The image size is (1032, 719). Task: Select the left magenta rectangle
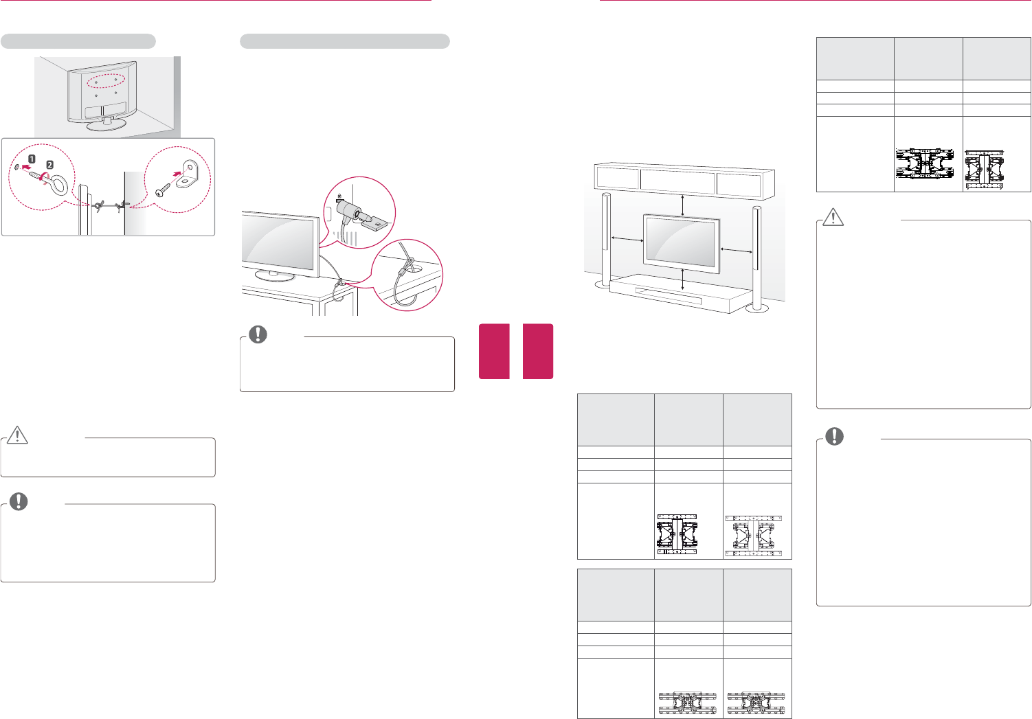tap(494, 351)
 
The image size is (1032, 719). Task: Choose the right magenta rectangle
tap(538, 351)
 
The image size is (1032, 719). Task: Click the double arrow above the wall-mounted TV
tap(682, 205)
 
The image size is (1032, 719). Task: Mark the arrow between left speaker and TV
tap(627, 239)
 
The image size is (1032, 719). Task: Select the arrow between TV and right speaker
tap(737, 251)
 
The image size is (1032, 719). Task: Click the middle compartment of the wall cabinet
tap(677, 181)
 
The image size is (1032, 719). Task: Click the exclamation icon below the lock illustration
tap(258, 334)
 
